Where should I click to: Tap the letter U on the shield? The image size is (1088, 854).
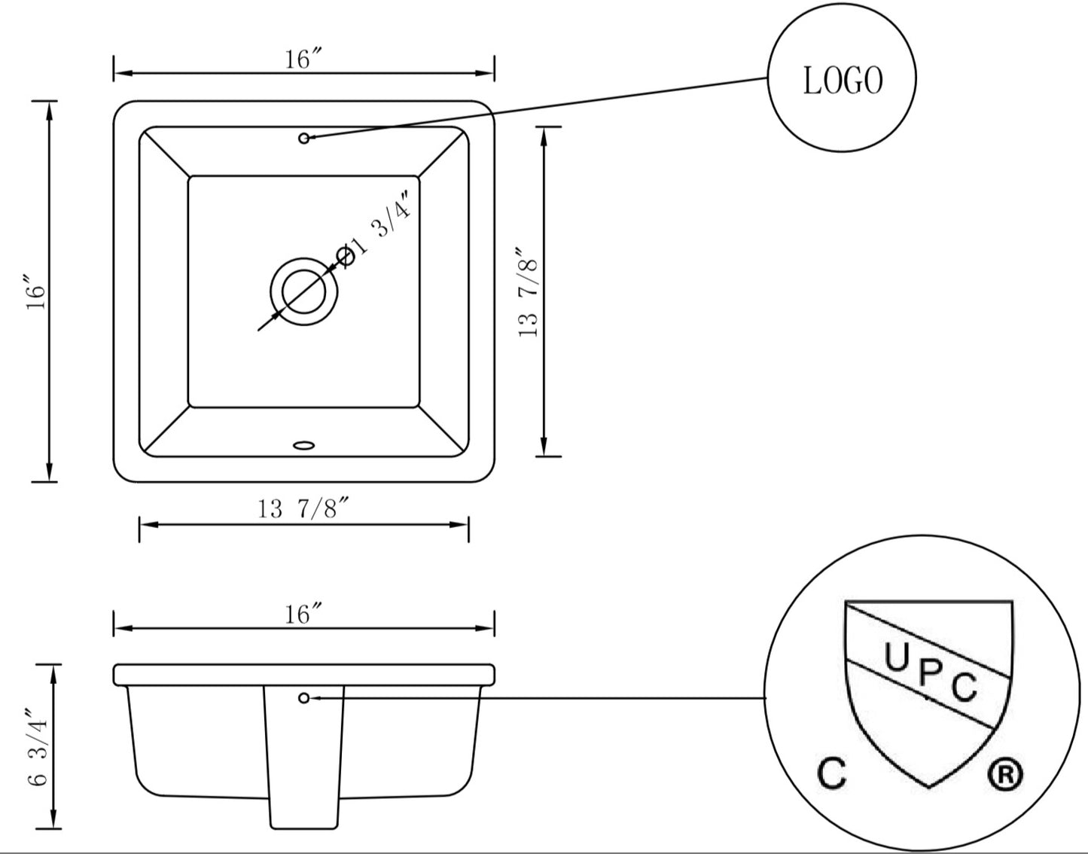pos(896,658)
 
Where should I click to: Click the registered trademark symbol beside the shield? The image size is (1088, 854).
pos(1005,775)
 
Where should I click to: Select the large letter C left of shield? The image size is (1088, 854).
pos(832,774)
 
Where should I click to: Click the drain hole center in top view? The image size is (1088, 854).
pos(303,292)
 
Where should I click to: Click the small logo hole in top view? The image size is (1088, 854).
pos(304,138)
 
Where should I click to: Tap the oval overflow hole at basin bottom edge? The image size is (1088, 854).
pos(304,445)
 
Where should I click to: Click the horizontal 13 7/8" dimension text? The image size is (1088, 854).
pos(304,510)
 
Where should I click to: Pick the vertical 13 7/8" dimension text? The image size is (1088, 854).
pos(529,292)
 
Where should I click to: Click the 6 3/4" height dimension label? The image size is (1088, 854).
pos(38,747)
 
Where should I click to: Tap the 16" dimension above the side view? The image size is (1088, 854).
pos(303,615)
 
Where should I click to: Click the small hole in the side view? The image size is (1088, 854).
pos(304,698)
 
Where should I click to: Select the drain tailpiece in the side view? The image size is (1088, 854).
pos(303,761)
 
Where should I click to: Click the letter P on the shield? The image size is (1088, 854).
pos(929,673)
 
